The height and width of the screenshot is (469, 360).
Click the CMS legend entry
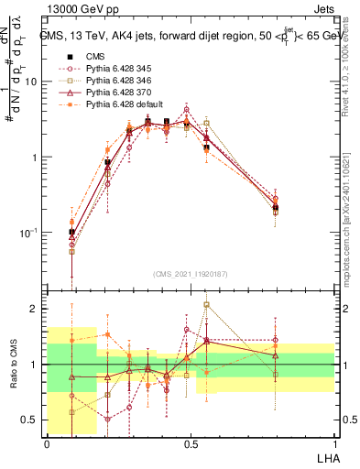click(95, 55)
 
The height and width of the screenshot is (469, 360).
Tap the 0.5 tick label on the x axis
click(190, 443)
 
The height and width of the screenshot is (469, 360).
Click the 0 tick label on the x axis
click(47, 443)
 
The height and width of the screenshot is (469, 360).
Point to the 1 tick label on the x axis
click(333, 443)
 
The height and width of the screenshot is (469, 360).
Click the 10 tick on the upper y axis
click(31, 82)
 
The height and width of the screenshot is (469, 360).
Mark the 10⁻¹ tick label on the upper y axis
click(27, 234)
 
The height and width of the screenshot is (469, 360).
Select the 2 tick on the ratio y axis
click(36, 309)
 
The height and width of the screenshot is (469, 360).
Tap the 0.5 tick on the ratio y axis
click(30, 420)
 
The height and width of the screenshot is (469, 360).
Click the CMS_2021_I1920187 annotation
click(190, 273)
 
